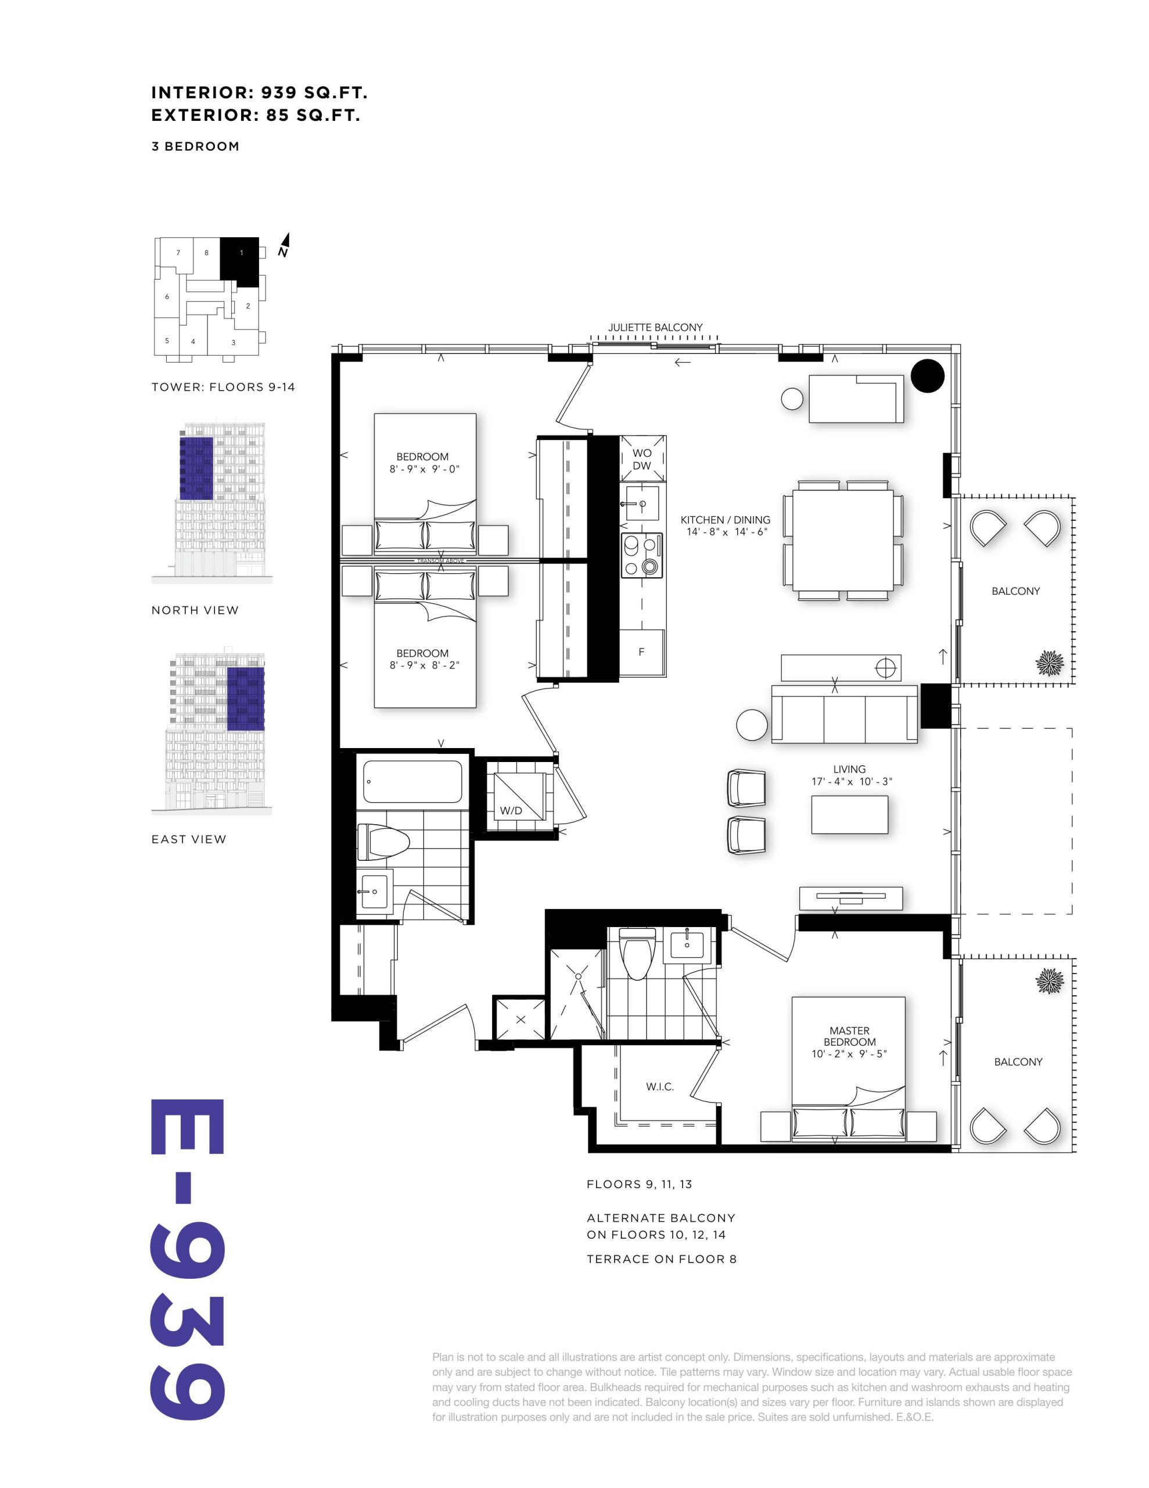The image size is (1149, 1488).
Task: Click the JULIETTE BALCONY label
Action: tap(655, 327)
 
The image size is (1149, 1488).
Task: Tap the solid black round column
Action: tap(928, 375)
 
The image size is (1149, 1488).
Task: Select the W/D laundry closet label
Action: tap(511, 811)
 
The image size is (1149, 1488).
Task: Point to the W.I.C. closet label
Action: tap(660, 1087)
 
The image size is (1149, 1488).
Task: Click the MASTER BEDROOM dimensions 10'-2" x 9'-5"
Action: tap(849, 1054)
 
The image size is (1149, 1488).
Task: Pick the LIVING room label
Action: tap(849, 768)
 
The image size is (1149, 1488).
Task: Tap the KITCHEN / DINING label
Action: tap(726, 519)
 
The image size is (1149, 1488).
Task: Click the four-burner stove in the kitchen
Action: tap(641, 555)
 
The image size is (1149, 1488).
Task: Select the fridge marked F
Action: tap(641, 652)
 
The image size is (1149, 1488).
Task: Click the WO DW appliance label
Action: tap(641, 459)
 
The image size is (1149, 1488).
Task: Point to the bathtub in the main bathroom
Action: tap(413, 781)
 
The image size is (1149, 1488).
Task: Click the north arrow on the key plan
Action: tap(284, 245)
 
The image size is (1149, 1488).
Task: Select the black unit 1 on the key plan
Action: tap(240, 262)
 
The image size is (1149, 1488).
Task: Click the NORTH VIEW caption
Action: tap(195, 610)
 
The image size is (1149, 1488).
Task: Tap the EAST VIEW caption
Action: tap(189, 839)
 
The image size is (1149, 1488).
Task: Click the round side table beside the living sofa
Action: tap(752, 724)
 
